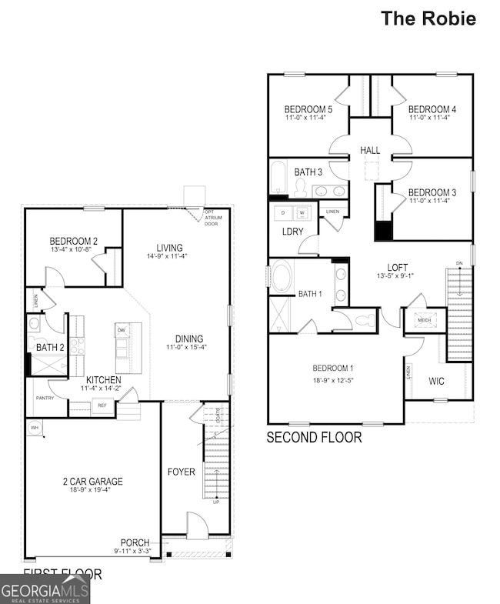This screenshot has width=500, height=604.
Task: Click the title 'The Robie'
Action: (428, 18)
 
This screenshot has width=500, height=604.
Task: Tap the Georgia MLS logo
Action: (45, 589)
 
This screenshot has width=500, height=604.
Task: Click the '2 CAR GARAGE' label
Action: (92, 482)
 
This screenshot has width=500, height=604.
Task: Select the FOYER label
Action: (181, 471)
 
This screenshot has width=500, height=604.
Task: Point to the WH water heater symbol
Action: (34, 427)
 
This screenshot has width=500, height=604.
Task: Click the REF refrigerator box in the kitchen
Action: (102, 406)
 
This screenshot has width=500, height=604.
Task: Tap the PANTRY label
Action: (45, 398)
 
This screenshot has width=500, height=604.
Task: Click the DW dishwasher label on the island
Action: (122, 330)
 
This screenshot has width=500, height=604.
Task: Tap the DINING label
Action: (188, 339)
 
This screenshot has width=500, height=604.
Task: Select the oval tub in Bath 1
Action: (282, 276)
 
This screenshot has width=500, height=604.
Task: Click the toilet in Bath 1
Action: (364, 320)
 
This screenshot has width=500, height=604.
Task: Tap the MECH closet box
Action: (425, 320)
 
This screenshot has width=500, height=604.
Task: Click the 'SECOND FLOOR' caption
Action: (313, 438)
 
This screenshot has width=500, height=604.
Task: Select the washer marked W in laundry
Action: (302, 212)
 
